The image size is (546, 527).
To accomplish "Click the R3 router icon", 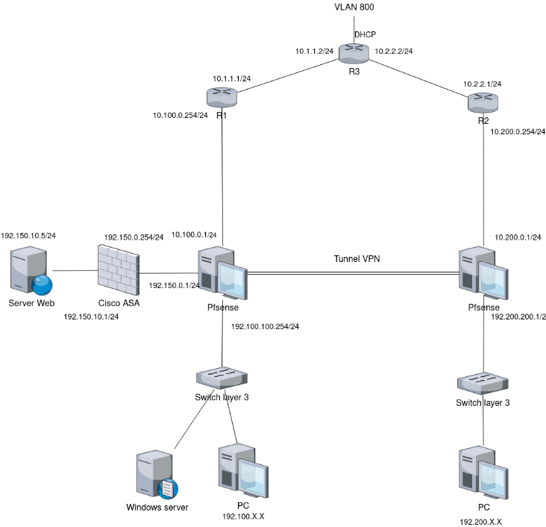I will pos(350,52).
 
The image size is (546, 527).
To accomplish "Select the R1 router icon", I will pos(221,96).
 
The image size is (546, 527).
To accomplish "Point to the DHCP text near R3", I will pos(365,34).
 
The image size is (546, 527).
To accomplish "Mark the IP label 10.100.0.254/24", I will pos(180,115).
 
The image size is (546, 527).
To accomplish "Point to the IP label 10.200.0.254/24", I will pos(517,131).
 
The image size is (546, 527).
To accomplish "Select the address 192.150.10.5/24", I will pos(29,235).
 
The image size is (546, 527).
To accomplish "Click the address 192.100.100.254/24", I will pos(265,326).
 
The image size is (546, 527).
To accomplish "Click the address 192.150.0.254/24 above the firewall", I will pos(134,237).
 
